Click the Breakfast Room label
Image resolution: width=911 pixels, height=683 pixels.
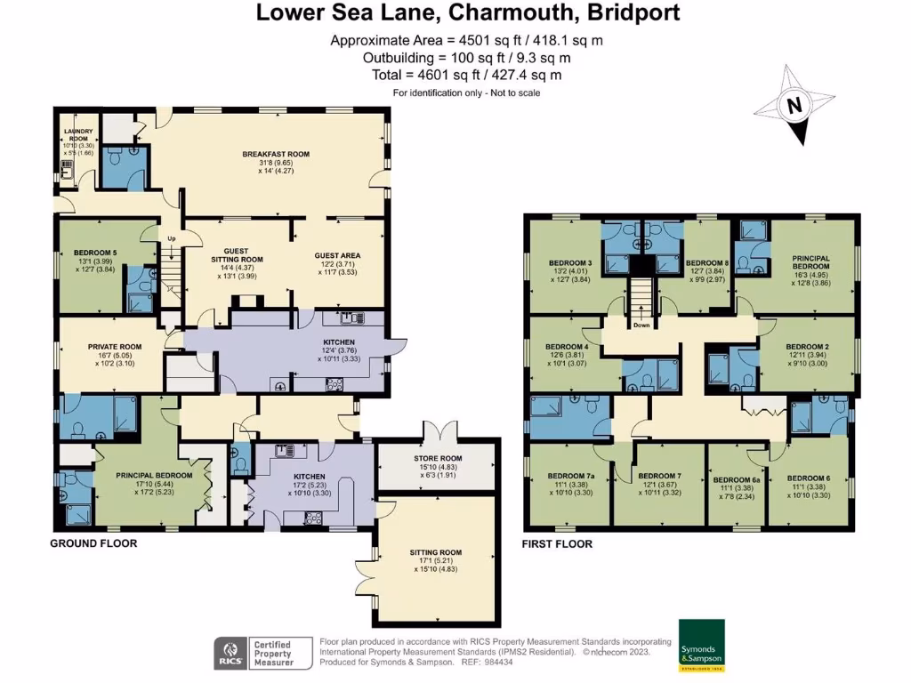[276, 154]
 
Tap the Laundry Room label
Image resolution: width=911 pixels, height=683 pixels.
[77, 135]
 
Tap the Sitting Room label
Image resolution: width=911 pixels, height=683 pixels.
[436, 552]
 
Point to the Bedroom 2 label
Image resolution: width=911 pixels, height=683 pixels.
[809, 346]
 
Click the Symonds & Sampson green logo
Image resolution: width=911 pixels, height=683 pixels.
[701, 645]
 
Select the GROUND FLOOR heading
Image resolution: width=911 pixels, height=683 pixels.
[93, 542]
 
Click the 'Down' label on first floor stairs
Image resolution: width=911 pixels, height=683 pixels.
[641, 325]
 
